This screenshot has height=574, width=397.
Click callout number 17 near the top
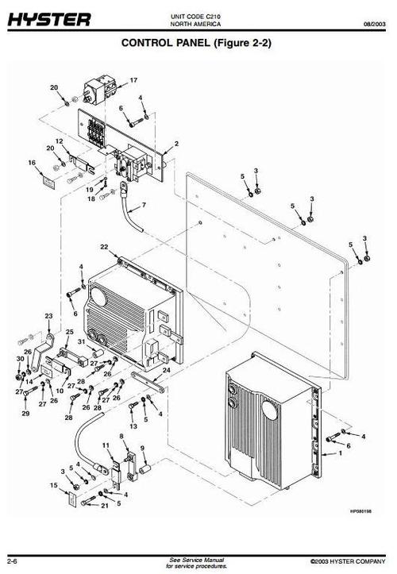pyautogui.click(x=134, y=79)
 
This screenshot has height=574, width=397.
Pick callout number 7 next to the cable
pyautogui.click(x=144, y=206)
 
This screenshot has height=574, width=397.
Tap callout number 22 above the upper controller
pyautogui.click(x=103, y=248)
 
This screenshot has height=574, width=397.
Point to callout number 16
pyautogui.click(x=32, y=163)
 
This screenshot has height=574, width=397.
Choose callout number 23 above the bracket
pyautogui.click(x=48, y=316)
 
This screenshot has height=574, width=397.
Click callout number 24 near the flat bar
pyautogui.click(x=166, y=371)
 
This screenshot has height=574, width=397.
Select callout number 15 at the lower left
pyautogui.click(x=54, y=484)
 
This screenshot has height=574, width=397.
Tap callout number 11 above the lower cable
pyautogui.click(x=106, y=448)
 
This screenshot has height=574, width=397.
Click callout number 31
pyautogui.click(x=80, y=341)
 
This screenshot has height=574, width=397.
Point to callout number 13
pyautogui.click(x=133, y=426)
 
